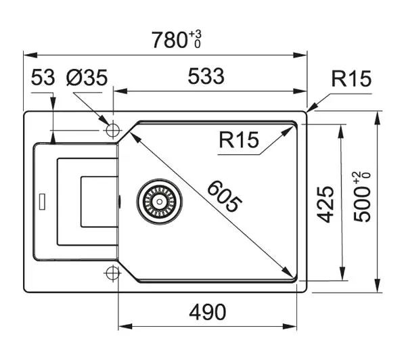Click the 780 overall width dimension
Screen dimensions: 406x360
tap(169, 40)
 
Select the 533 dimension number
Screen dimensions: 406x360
tap(206, 76)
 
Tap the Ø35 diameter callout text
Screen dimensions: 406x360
tap(87, 77)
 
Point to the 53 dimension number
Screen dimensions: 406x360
tap(43, 77)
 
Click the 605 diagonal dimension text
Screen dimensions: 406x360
tap(225, 197)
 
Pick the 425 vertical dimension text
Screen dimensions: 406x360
tap(325, 204)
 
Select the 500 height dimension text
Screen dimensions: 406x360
tap(362, 204)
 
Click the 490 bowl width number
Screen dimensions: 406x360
tap(208, 312)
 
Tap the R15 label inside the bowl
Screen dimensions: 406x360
tap(239, 139)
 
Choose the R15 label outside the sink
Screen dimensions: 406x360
tap(351, 78)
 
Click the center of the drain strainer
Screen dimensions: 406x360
tap(160, 202)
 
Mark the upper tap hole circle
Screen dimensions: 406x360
tap(112, 130)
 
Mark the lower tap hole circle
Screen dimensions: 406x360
tap(112, 273)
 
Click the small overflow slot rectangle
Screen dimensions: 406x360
tap(42, 201)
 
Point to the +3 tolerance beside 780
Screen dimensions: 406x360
tap(196, 35)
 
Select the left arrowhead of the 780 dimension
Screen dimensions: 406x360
tap(30, 55)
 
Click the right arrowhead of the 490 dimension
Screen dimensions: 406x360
tap(290, 326)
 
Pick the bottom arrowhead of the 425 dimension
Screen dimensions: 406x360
tap(342, 273)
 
